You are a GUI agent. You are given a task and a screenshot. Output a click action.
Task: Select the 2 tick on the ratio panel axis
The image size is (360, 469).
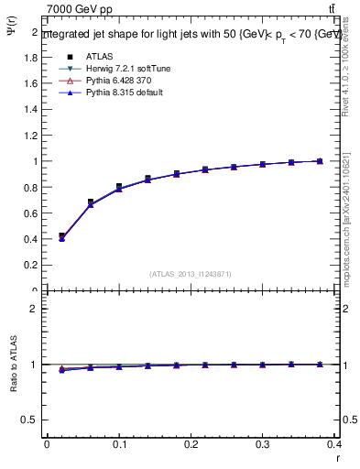[34, 309]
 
